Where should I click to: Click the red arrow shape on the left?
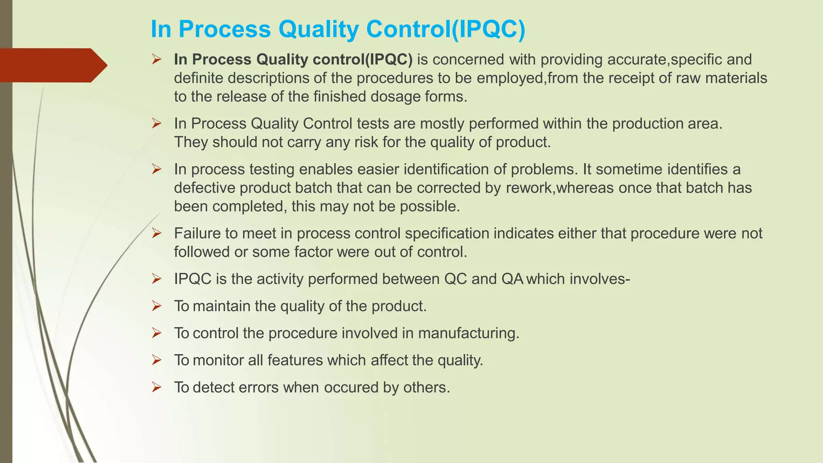pyautogui.click(x=52, y=65)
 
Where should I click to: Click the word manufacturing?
pyautogui.click(x=469, y=333)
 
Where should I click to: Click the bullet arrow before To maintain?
pyautogui.click(x=157, y=306)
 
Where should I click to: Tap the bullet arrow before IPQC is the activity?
pyautogui.click(x=157, y=279)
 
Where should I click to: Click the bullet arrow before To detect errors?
pyautogui.click(x=157, y=387)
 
